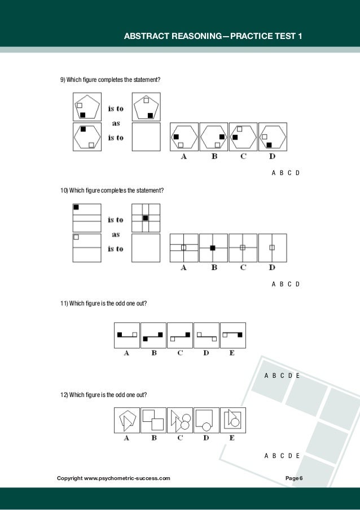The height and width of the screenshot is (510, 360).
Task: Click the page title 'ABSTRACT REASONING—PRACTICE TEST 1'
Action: pos(213,37)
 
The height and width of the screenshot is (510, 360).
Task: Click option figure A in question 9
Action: pos(184,137)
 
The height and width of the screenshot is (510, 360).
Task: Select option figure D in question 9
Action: pos(272,137)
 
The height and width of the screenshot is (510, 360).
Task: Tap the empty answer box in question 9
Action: pos(146,137)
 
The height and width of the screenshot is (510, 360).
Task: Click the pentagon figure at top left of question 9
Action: pos(87,107)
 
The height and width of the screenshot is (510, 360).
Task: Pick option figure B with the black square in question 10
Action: pos(213,247)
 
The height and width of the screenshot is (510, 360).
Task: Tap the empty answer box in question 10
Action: pos(146,247)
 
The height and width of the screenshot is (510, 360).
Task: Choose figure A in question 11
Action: pos(127,335)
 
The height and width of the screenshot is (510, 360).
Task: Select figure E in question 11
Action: pos(232,335)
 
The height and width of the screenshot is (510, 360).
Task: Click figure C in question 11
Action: pos(180,335)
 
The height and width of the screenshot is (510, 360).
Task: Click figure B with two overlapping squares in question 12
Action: pos(153,421)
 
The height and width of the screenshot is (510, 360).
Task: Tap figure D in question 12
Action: pos(206,421)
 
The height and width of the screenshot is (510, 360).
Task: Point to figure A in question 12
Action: pos(127,421)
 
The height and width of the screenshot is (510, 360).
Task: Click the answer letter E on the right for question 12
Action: pos(297,455)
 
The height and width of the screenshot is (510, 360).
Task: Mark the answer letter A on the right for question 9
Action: pos(274,173)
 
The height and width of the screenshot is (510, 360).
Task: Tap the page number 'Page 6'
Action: pos(294,479)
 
